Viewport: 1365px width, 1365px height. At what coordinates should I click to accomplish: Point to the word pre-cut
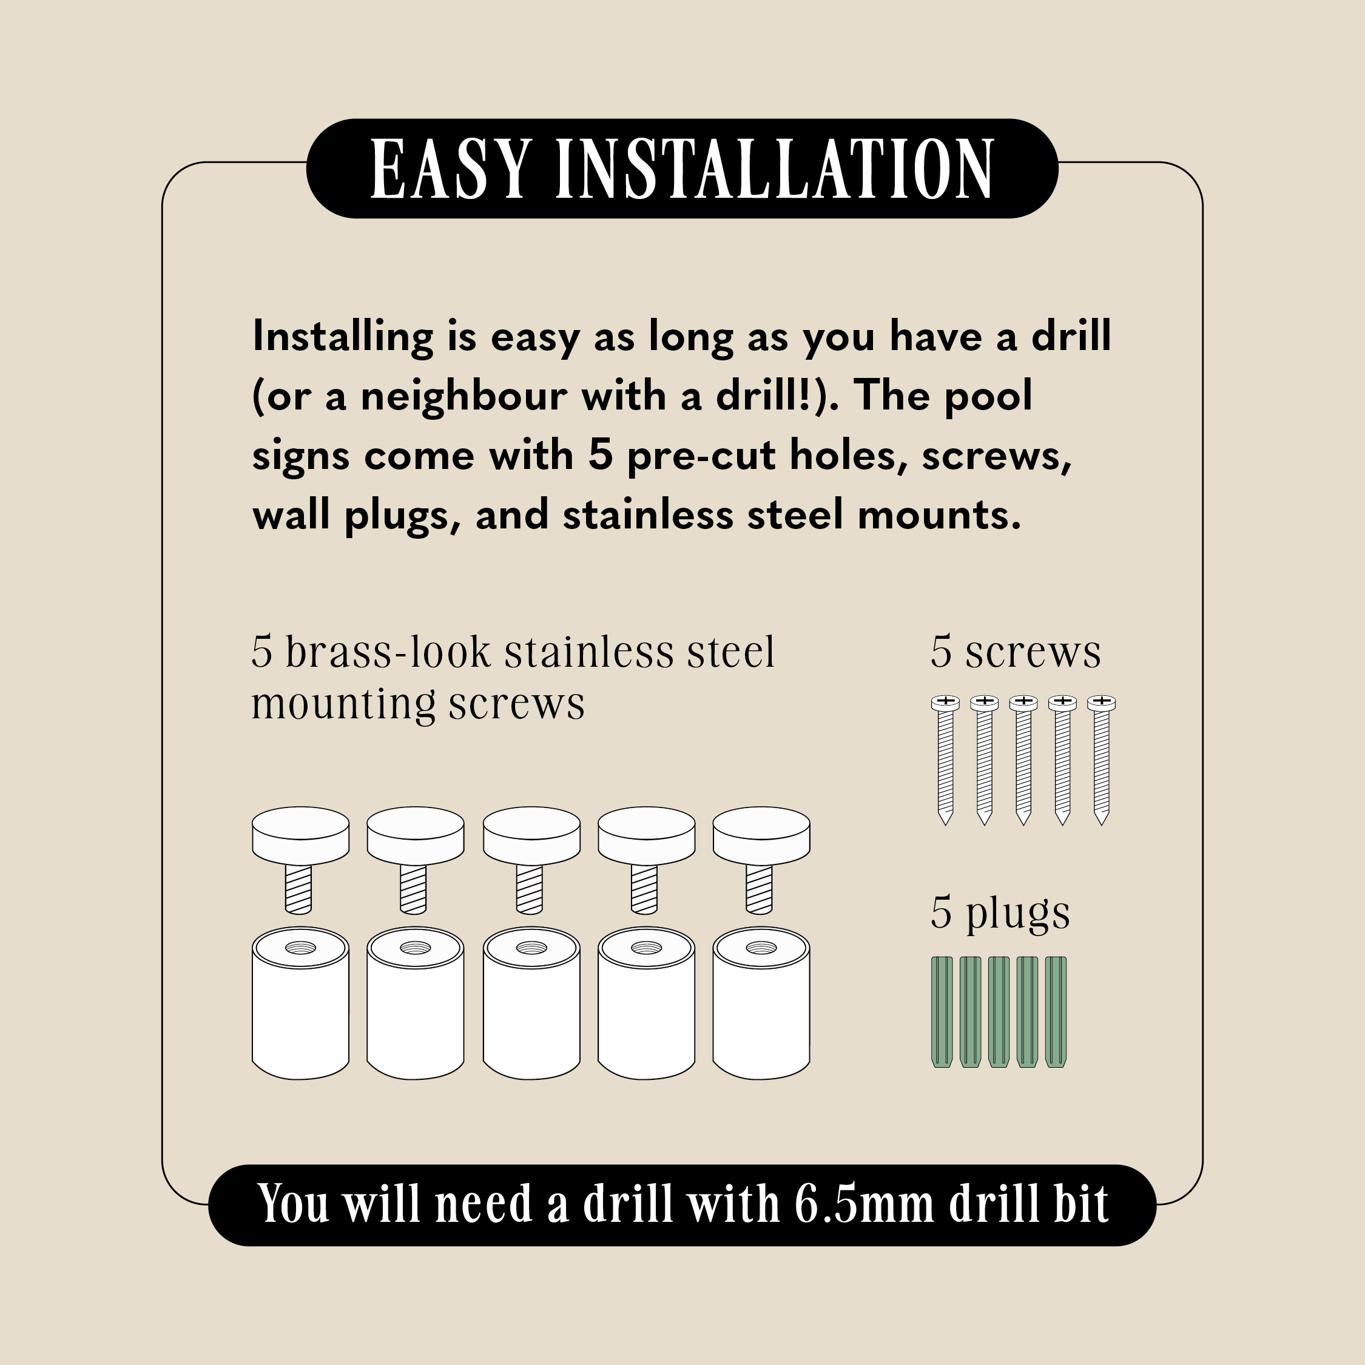(701, 456)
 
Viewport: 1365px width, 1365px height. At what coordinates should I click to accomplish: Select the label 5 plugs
(1000, 914)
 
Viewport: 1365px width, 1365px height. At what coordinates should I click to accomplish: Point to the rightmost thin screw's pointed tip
(1100, 824)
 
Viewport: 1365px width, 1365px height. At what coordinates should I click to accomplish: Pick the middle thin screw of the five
(1023, 760)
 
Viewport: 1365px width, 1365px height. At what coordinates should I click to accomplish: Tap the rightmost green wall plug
(1056, 1012)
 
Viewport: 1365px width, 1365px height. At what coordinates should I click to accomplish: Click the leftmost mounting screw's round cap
(301, 836)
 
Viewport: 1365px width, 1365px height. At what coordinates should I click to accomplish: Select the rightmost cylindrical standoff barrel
(761, 1003)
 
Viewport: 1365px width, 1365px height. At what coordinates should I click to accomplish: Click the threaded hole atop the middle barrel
(531, 948)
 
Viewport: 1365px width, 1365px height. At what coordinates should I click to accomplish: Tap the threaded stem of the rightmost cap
(760, 889)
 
